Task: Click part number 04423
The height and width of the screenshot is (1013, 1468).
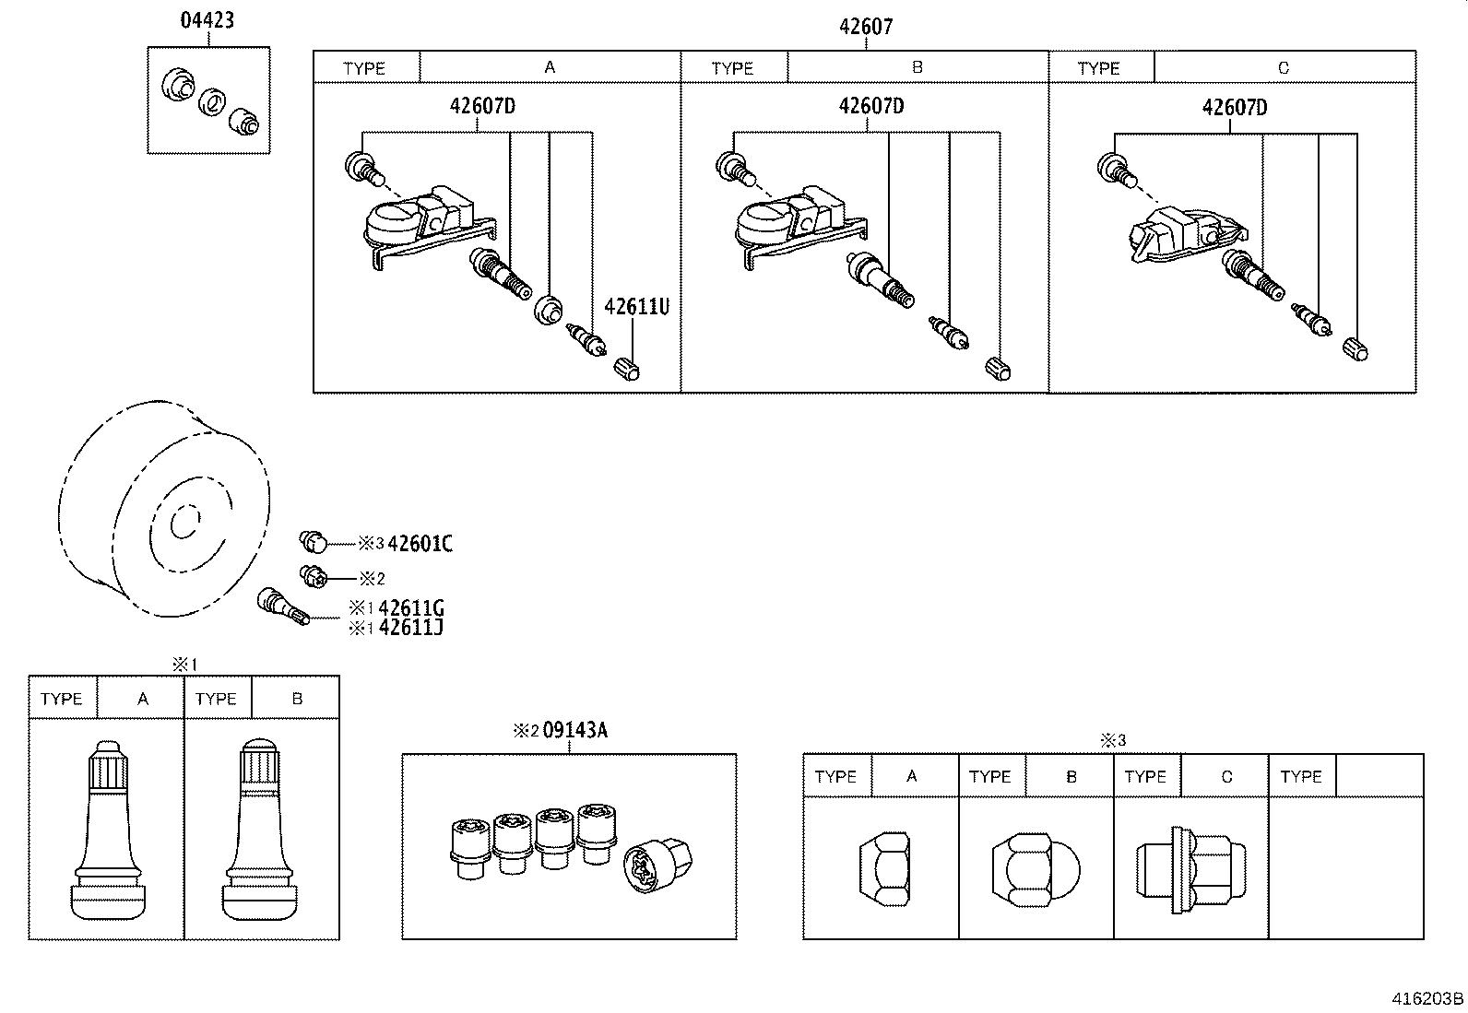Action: click(x=207, y=19)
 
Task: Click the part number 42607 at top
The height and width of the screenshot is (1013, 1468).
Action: click(x=865, y=27)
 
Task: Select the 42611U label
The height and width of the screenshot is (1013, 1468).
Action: click(x=636, y=306)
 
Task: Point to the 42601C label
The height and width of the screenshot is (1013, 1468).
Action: click(x=420, y=543)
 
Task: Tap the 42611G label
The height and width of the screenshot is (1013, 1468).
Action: click(x=411, y=607)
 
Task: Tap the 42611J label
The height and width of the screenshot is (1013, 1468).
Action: click(x=411, y=628)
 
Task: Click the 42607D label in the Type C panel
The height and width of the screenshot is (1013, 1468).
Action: click(x=1234, y=108)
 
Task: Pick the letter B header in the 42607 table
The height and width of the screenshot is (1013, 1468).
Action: click(x=917, y=67)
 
